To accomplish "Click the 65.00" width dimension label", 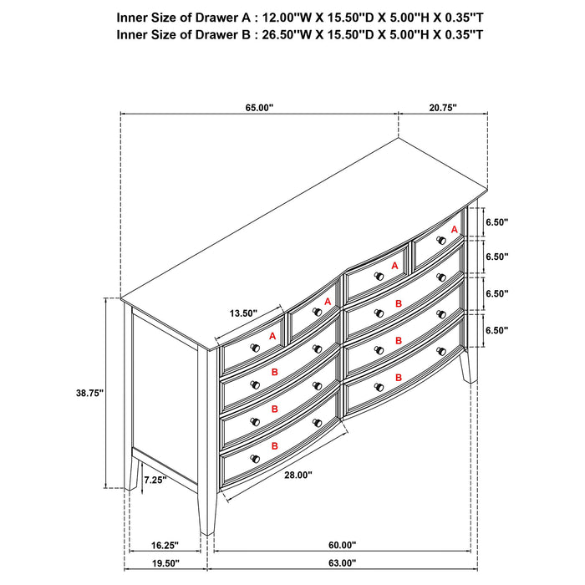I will point(259,108).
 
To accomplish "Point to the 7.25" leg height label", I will point(155,480).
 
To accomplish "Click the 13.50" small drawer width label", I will point(243,313).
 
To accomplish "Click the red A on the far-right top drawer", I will point(454,229).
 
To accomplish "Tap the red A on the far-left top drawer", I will point(272,335).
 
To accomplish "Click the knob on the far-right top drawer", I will point(440,241).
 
